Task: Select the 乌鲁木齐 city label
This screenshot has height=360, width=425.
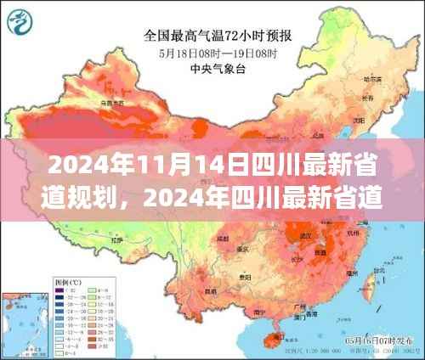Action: click(x=108, y=103)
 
